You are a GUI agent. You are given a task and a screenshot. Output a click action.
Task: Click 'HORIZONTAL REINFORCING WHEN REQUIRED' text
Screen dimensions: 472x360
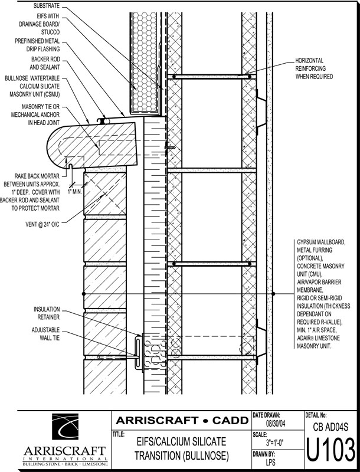[315, 68]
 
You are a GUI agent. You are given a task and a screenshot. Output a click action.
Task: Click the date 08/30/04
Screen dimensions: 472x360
[276, 424]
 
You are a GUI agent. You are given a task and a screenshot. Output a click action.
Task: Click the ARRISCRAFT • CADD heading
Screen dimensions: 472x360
[180, 421]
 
